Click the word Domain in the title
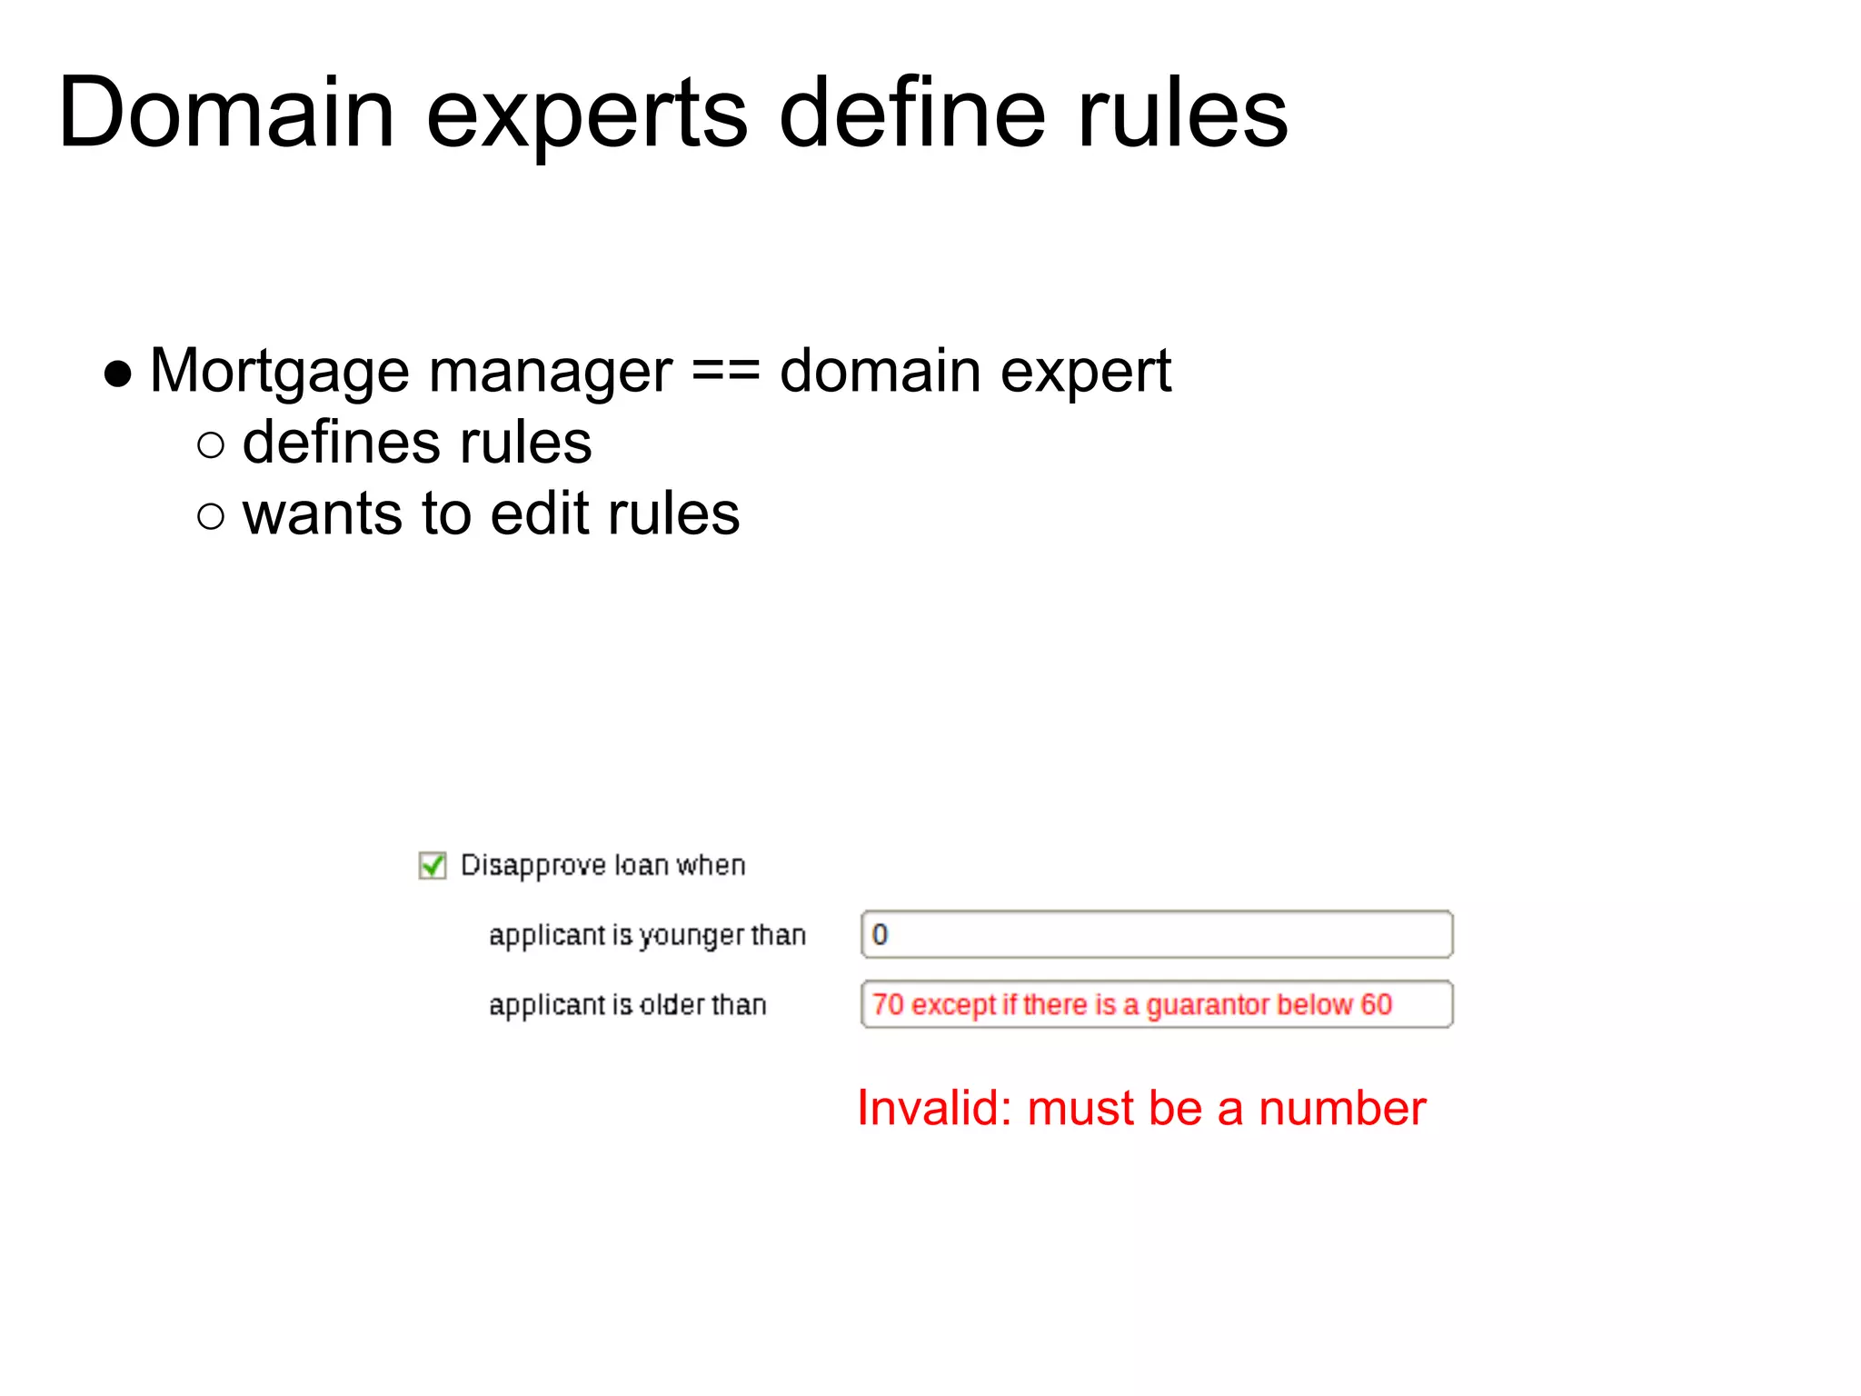click(x=225, y=114)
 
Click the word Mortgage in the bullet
click(x=280, y=373)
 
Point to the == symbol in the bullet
click(x=725, y=372)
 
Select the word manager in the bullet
click(x=550, y=373)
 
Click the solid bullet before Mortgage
click(x=118, y=374)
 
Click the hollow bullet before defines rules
click(x=210, y=444)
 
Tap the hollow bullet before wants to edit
click(x=210, y=515)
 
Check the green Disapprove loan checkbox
click(x=433, y=865)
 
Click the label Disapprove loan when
click(x=602, y=865)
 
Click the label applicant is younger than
click(x=647, y=935)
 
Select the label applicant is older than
click(x=627, y=1005)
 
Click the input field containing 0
click(x=1156, y=934)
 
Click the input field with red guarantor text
click(x=1156, y=1004)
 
